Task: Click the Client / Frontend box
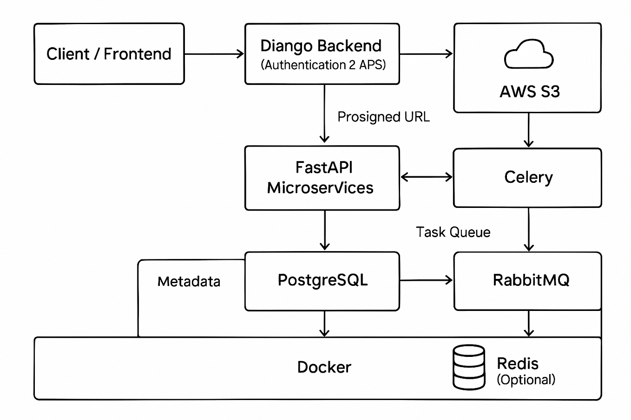[x=109, y=54]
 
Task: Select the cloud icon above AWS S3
[x=529, y=54]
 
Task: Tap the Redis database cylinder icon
[x=469, y=367]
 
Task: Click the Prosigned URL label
[x=383, y=117]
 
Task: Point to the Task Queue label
[x=453, y=232]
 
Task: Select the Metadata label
[x=189, y=282]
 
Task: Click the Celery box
[x=527, y=177]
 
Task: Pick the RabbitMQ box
[x=527, y=281]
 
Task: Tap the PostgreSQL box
[x=322, y=281]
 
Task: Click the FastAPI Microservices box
[x=322, y=178]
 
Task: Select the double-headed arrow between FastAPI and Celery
[x=426, y=177]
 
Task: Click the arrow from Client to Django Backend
[x=214, y=54]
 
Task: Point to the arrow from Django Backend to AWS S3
[x=426, y=54]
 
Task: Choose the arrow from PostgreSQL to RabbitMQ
[x=426, y=280]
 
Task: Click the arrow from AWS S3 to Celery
[x=528, y=130]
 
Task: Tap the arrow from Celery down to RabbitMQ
[x=528, y=229]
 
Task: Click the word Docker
[x=324, y=368]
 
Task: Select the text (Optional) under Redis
[x=526, y=380]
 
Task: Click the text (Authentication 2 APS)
[x=323, y=65]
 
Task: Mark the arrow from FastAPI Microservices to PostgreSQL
[x=325, y=230]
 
